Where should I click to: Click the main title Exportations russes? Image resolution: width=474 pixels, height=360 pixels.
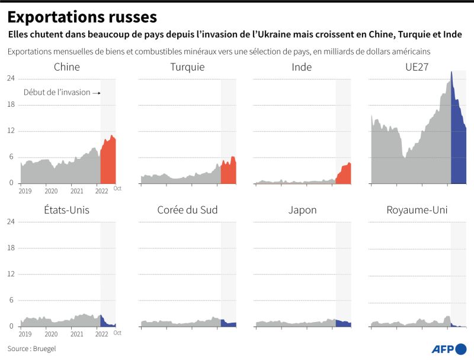point(82,16)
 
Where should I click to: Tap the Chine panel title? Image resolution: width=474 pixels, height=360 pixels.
point(66,67)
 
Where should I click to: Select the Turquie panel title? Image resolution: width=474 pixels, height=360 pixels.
point(187,67)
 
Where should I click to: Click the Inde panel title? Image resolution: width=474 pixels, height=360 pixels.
point(302,67)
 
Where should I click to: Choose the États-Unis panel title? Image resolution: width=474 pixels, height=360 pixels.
point(66,210)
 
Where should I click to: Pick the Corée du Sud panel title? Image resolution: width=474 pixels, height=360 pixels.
point(187,210)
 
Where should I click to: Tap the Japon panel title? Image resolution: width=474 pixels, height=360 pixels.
point(302,210)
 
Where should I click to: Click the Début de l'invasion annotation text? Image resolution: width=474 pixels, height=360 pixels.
point(57,93)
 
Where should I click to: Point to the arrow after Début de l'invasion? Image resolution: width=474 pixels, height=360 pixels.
point(97,93)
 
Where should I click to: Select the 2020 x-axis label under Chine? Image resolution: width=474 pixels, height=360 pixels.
point(51,190)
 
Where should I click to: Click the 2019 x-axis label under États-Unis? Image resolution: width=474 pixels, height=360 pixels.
point(25,334)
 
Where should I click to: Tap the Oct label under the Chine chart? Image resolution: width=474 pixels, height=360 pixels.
point(117,189)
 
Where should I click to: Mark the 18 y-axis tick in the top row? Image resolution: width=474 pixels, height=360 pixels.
point(11,105)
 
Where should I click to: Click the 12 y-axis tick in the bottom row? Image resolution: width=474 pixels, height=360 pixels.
point(11,274)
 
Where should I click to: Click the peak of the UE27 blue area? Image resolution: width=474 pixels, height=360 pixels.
point(451,72)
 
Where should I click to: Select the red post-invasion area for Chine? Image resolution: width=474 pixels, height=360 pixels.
point(108,163)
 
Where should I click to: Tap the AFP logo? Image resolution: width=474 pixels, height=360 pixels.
point(448,348)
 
